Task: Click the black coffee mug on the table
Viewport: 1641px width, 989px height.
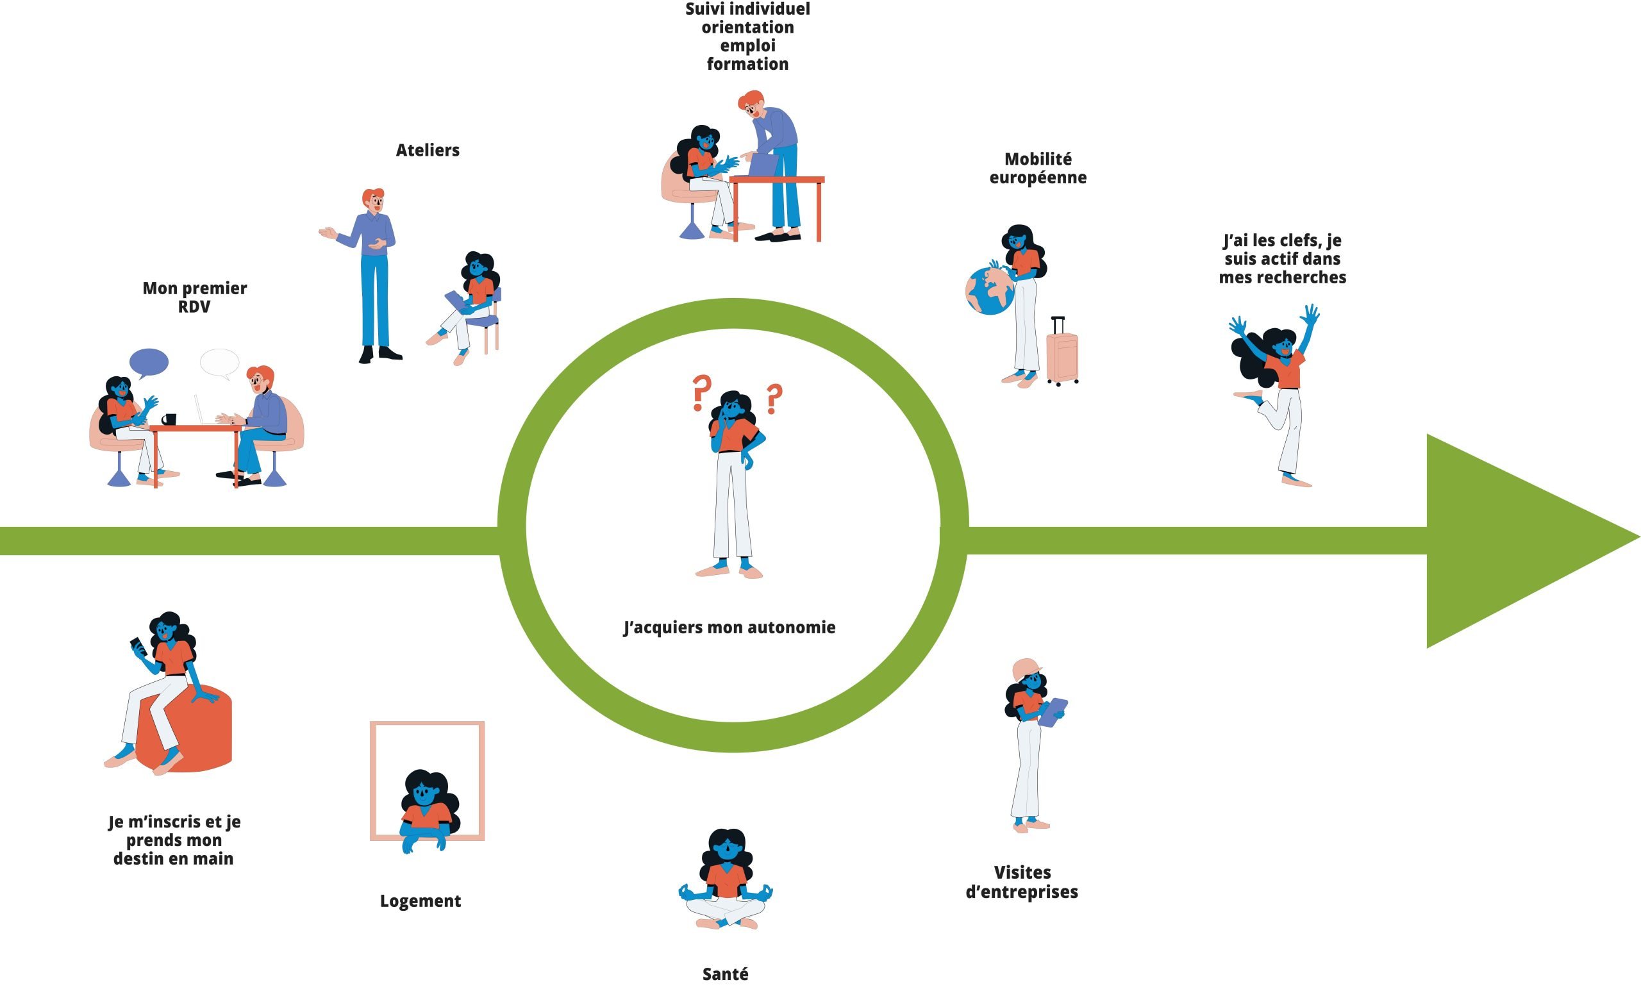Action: pyautogui.click(x=169, y=419)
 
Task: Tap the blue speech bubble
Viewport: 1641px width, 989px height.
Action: pyautogui.click(x=149, y=362)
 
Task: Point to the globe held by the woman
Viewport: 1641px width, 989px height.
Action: pyautogui.click(x=990, y=291)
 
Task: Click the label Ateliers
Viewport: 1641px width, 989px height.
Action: pyautogui.click(x=428, y=151)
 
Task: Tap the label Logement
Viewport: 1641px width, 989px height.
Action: pyautogui.click(x=421, y=901)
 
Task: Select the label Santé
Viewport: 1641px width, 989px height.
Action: pyautogui.click(x=725, y=974)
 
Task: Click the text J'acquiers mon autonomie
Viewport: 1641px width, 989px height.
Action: pyautogui.click(x=729, y=627)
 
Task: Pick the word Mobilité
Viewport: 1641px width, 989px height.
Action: pyautogui.click(x=1038, y=159)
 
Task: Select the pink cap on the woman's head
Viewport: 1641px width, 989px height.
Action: pyautogui.click(x=1026, y=668)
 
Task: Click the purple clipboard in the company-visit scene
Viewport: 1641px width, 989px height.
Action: pyautogui.click(x=1053, y=713)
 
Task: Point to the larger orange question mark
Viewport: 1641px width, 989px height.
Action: pyautogui.click(x=701, y=392)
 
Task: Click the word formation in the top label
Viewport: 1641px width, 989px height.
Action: pyautogui.click(x=747, y=64)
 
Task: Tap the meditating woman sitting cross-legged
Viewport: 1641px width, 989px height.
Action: pyautogui.click(x=726, y=879)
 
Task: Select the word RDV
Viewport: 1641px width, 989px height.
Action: pyautogui.click(x=194, y=307)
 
